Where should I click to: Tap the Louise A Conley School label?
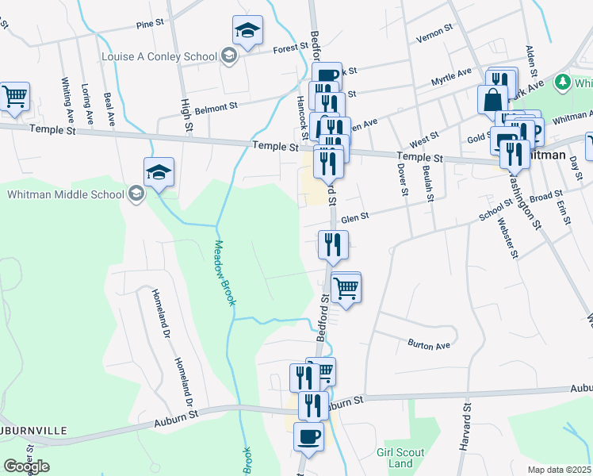tap(159, 56)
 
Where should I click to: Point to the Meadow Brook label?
tap(225, 273)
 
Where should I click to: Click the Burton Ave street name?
tap(429, 345)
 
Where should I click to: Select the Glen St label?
tap(356, 218)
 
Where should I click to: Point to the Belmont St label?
tap(216, 106)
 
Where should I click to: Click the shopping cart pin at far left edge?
tap(15, 97)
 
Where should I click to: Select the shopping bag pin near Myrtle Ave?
tap(492, 100)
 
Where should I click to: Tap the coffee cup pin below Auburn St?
tap(308, 436)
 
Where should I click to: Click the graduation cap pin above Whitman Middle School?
tap(159, 172)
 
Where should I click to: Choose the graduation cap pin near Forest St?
tap(247, 31)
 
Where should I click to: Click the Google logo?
tap(26, 466)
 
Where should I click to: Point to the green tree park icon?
tap(563, 82)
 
